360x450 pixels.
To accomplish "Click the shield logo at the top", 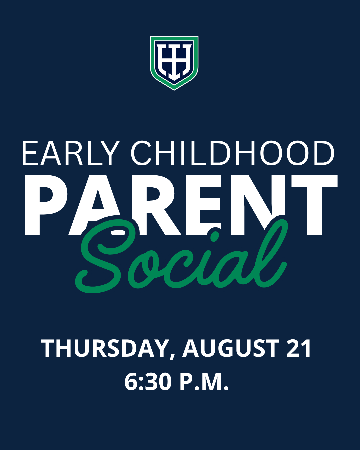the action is pos(174,63).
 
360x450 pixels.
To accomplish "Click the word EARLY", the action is pos(71,153).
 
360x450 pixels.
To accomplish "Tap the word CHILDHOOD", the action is pos(232,153).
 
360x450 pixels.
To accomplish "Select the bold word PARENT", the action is pos(181,205).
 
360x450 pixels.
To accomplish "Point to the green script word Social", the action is pos(181,256).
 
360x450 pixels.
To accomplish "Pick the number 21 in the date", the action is pos(299,348).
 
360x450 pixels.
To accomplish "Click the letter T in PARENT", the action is pos(314,205).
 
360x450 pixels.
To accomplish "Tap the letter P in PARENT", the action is pos(46,205).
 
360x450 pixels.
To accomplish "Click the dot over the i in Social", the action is pos(215,237).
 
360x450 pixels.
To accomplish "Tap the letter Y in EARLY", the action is pos(110,153).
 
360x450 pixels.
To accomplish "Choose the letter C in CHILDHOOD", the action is pos(141,153).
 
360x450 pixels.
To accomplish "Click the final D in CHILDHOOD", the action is pos(324,153).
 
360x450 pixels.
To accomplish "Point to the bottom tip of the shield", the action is pos(174,90).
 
